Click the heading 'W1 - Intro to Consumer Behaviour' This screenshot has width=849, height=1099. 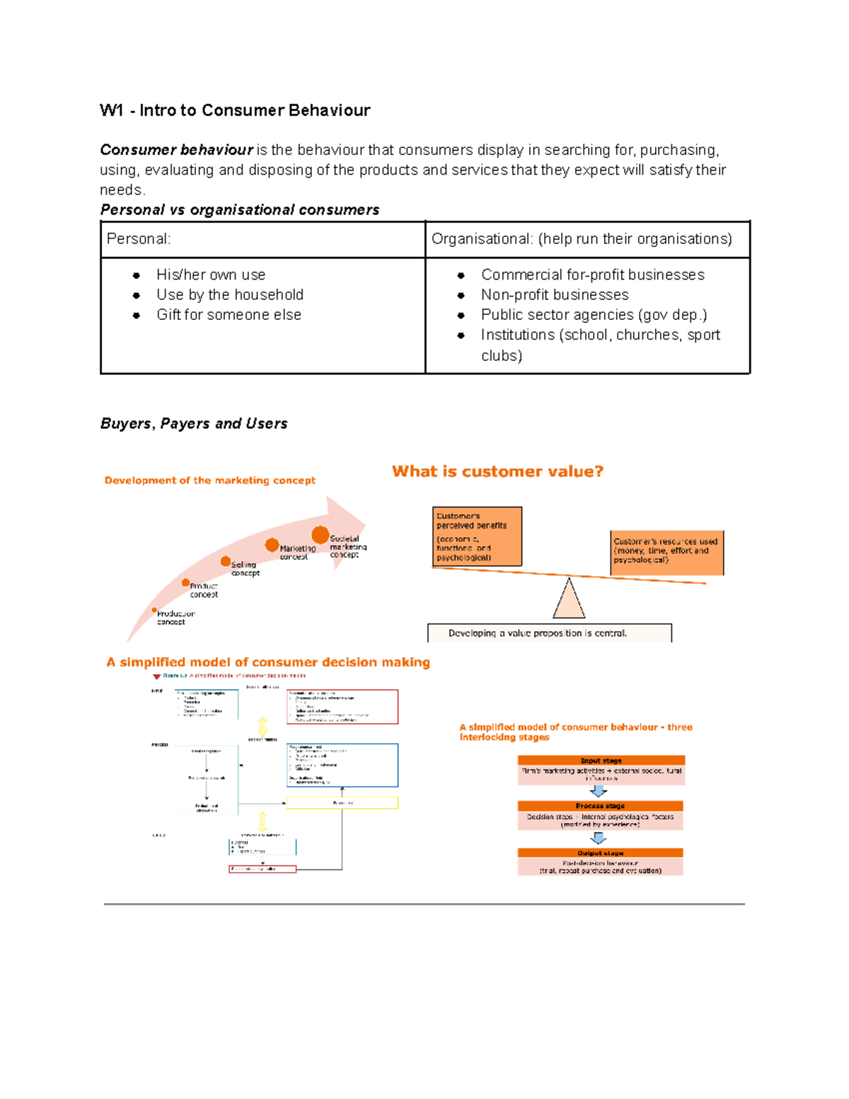tap(235, 110)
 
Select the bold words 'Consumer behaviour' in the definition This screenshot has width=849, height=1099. tap(176, 150)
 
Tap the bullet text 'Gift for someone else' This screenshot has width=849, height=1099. tap(229, 315)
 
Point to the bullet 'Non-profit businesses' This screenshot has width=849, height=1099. tap(554, 295)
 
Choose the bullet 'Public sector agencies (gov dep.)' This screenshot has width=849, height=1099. tap(594, 315)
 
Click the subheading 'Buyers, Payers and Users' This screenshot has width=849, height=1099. tap(194, 424)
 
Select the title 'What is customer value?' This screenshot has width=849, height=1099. tap(497, 472)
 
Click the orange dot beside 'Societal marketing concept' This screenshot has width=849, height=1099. tap(320, 535)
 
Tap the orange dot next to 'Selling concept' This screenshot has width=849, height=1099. tap(226, 561)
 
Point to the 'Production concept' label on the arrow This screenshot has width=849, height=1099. tap(175, 618)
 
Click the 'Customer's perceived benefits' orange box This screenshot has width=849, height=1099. tap(477, 536)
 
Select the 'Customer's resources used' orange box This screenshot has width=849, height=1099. tap(666, 552)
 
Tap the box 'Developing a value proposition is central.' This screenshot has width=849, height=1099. tap(549, 633)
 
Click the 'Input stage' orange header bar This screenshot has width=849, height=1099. tap(601, 761)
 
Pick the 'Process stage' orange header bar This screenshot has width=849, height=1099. tap(600, 806)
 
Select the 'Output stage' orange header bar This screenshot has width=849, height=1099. tap(600, 853)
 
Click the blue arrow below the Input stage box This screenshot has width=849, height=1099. tap(599, 791)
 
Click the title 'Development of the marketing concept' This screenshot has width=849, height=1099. tap(209, 481)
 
